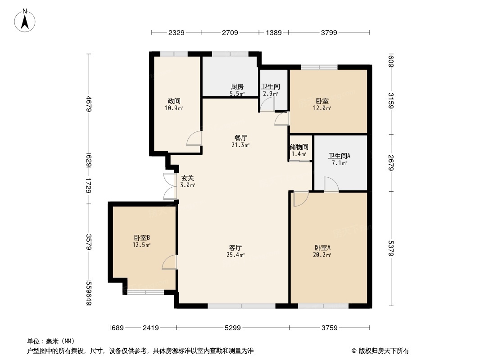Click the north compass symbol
point(26,20)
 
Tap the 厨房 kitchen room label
point(237,87)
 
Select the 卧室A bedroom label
point(322,247)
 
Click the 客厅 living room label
point(236,247)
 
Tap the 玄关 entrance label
point(188,178)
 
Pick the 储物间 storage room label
point(299,147)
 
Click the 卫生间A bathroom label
point(339,156)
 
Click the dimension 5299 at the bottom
point(232,328)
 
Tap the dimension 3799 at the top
point(329,32)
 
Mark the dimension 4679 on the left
point(89,104)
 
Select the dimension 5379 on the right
point(391,248)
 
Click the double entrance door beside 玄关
point(170,186)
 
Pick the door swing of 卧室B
point(169,262)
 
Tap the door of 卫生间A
point(331,184)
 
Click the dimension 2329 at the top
point(176,32)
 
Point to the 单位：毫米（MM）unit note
point(51,341)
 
